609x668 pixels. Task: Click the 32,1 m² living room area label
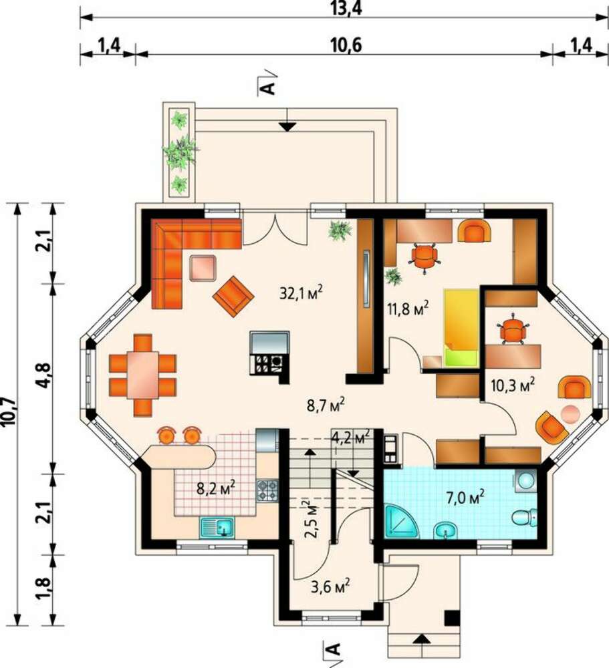click(301, 293)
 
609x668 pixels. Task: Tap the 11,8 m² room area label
click(407, 307)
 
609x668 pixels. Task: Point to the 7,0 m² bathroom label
click(465, 497)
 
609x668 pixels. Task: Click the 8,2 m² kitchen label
click(216, 488)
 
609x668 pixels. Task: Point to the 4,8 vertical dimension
click(44, 375)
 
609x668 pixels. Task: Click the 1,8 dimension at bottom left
click(44, 589)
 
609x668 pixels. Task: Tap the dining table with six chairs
click(143, 375)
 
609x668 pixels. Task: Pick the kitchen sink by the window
click(217, 527)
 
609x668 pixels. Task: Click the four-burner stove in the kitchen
click(267, 490)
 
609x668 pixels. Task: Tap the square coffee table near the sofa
click(203, 268)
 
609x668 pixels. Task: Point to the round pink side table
click(570, 413)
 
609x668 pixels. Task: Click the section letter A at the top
click(267, 88)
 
